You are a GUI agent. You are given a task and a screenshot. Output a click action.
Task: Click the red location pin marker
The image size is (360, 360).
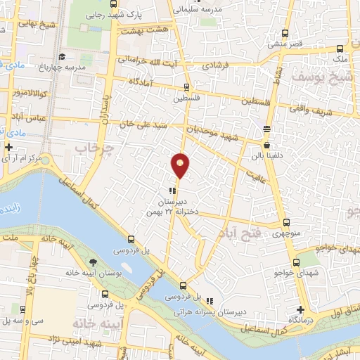point(181,165)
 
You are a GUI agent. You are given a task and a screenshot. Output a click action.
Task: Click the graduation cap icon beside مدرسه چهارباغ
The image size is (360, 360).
point(61,56)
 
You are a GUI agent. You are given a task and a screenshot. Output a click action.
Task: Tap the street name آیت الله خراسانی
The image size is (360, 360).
point(150,62)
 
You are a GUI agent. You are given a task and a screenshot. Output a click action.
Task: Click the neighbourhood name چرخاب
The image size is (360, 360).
point(89,149)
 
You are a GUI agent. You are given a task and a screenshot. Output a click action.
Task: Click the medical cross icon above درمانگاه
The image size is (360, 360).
point(300,309)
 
